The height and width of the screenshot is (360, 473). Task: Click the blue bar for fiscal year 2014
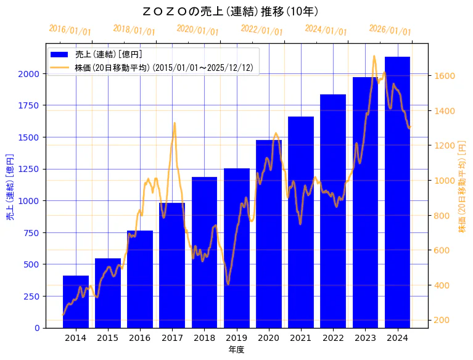76,302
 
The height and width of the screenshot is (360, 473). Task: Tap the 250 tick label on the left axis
32,296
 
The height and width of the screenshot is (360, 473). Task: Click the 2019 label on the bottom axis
236,338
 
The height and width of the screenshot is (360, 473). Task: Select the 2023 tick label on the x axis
365,338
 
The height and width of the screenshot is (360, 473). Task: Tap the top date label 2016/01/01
70,30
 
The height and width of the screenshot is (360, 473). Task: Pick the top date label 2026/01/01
390,30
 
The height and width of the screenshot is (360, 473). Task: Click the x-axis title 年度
236,350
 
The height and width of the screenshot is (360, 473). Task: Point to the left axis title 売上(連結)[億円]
9,187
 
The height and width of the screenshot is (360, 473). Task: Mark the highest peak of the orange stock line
374,56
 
